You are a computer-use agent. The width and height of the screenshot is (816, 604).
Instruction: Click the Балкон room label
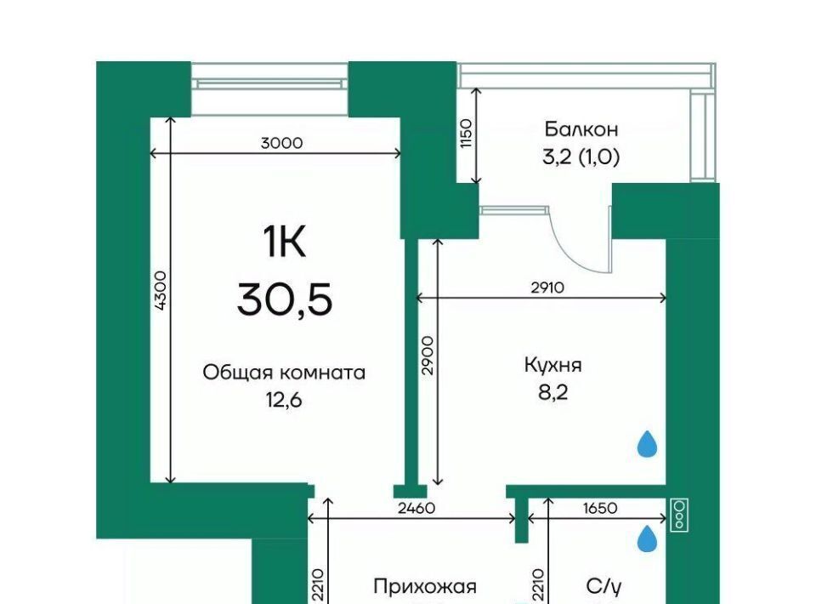pos(581,128)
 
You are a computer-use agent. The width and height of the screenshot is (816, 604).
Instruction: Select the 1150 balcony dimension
pos(467,134)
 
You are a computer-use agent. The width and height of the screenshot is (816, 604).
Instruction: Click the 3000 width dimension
pos(281,143)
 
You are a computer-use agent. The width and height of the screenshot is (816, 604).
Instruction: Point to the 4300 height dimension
pos(161,291)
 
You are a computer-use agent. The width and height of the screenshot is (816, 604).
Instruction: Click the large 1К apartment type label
pos(284,242)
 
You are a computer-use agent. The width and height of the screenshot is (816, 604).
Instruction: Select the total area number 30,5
pos(285,300)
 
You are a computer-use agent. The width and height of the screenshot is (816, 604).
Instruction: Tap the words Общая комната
pos(284,373)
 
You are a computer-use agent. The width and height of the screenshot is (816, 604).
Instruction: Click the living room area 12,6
pos(284,401)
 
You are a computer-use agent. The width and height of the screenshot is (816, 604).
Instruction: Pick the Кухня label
pos(552,366)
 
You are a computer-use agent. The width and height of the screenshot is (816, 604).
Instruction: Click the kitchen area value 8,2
pos(553,393)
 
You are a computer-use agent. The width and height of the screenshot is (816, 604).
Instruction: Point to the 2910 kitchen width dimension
pos(547,288)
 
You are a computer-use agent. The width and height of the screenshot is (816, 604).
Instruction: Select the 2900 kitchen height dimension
pos(428,356)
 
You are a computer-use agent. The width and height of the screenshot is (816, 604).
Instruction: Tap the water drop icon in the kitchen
pos(648,443)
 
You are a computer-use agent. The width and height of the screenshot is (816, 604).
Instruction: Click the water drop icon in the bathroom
pos(648,538)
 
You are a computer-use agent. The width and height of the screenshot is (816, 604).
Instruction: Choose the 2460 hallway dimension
pos(416,508)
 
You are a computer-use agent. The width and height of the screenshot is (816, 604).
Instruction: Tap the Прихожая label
pos(425,587)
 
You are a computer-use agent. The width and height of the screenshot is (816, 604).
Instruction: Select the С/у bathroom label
pos(603,587)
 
